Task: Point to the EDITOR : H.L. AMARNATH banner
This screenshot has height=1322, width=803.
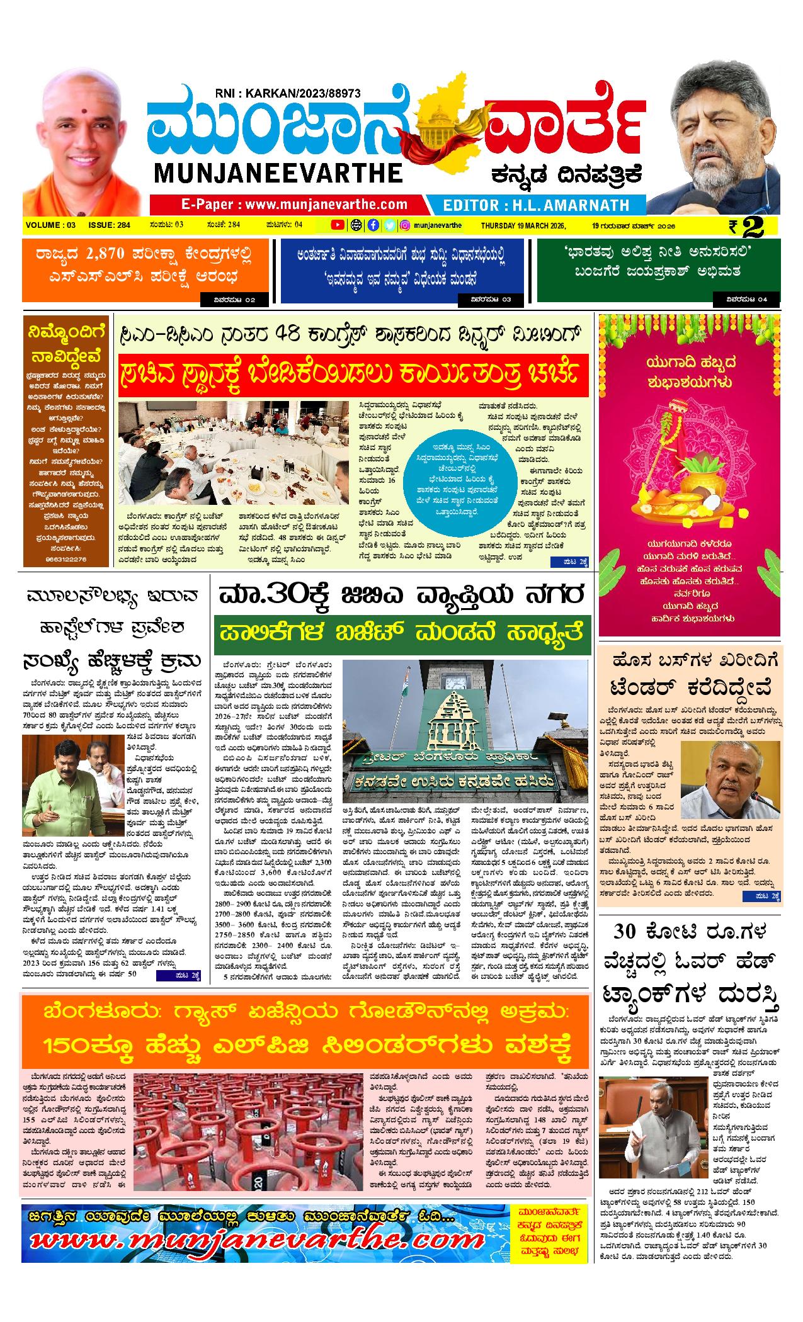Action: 536,205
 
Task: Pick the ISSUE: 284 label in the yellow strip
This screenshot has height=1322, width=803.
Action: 110,225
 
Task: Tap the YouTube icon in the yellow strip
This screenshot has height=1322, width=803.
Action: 338,225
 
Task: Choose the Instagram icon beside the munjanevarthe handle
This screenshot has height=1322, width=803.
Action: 406,225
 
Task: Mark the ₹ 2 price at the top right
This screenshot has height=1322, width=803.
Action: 747,227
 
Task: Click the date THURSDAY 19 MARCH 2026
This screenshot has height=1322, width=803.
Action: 523,225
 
